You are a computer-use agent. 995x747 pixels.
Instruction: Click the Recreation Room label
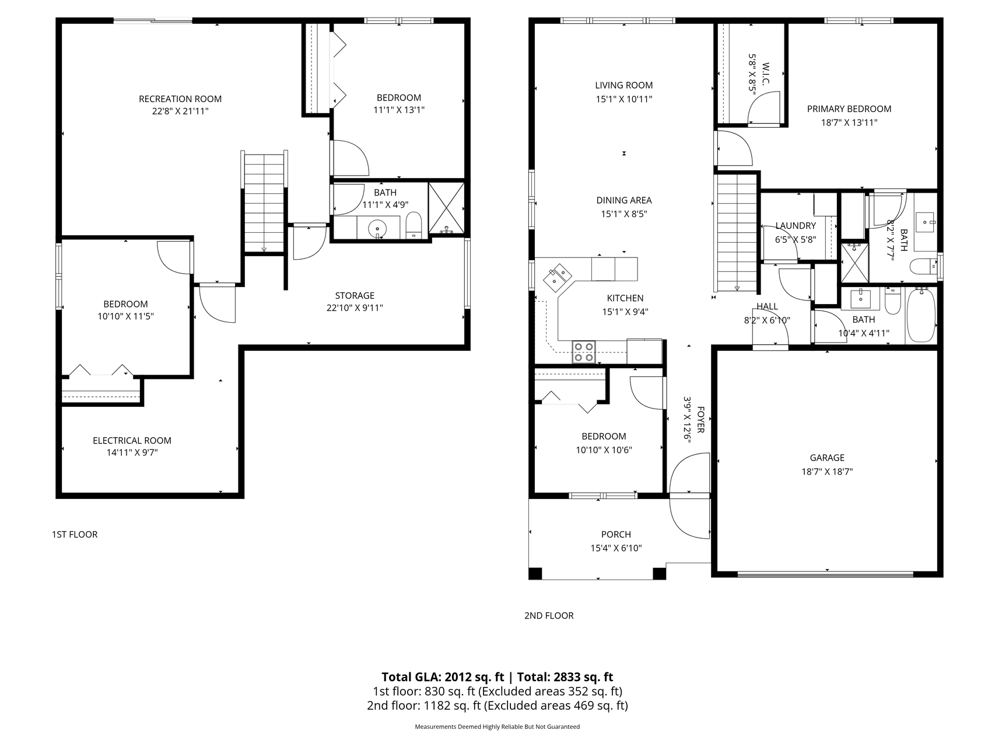(x=180, y=99)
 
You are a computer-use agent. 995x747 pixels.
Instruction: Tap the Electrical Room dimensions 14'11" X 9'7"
(x=132, y=453)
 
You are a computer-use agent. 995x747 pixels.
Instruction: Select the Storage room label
(x=355, y=295)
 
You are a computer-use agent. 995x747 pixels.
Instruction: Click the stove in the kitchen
(x=584, y=351)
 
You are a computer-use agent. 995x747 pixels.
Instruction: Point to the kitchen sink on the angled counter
(x=558, y=277)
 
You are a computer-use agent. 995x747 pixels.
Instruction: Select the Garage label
(x=827, y=458)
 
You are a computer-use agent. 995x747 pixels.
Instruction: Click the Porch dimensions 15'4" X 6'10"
(x=616, y=548)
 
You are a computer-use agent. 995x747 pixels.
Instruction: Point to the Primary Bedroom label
(x=849, y=109)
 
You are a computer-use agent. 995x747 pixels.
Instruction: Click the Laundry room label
(x=796, y=226)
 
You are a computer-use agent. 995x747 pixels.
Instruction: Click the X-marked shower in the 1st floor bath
(x=447, y=208)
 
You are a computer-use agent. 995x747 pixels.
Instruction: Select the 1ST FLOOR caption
(x=75, y=534)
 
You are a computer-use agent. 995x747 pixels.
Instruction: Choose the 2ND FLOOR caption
(x=549, y=615)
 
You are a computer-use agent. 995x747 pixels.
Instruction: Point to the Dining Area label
(x=624, y=200)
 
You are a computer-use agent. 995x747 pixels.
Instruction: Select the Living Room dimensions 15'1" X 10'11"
(x=624, y=99)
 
